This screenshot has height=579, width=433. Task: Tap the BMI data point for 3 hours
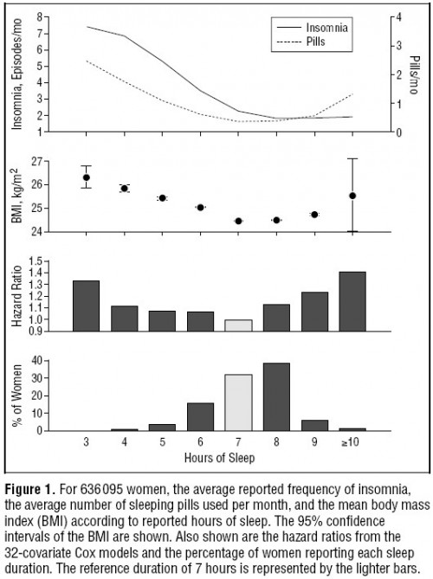pos(87,177)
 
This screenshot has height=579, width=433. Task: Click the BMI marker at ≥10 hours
pos(352,196)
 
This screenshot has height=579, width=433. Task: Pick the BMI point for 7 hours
pos(238,222)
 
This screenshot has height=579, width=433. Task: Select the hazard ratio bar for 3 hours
pos(86,306)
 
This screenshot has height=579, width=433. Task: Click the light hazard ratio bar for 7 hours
pos(239,325)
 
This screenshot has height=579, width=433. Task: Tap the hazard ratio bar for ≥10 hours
pos(352,302)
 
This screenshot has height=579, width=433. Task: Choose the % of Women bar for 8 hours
pos(276,397)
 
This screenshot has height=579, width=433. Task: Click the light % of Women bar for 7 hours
pos(239,402)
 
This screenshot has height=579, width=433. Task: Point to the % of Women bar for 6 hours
pos(201,417)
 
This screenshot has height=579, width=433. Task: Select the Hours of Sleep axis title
pos(219,458)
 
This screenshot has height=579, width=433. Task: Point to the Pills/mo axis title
pos(415,75)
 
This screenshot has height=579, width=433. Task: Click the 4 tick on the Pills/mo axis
pos(398,17)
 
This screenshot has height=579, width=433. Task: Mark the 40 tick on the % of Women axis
pos(38,360)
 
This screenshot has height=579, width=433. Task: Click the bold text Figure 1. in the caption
pos(30,490)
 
